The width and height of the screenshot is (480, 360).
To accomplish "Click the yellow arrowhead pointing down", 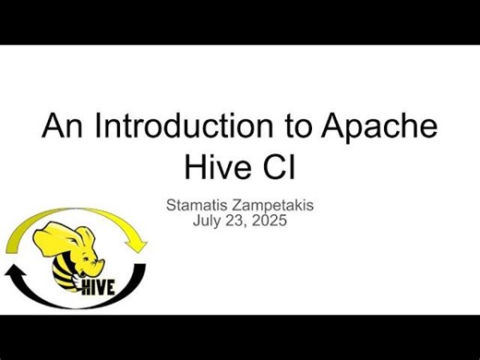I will point(138,244).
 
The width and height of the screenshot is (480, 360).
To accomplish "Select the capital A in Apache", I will point(339,127).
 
